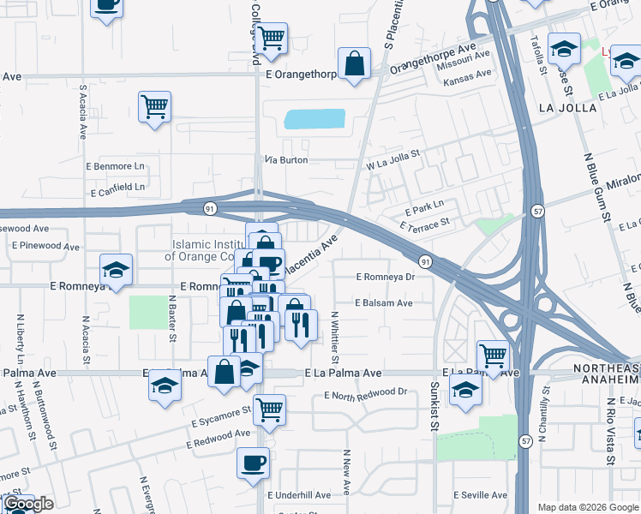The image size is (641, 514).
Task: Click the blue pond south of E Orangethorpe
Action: click(314, 119)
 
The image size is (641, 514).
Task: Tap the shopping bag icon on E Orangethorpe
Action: click(354, 63)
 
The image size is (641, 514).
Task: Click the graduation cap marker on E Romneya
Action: click(116, 271)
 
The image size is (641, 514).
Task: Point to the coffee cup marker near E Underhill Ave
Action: click(253, 463)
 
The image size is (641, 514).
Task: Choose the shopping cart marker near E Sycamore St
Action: click(270, 409)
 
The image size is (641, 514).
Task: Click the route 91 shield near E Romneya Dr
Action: click(424, 260)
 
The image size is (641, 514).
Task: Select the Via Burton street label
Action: click(285, 160)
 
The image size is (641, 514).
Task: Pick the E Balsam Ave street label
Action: click(384, 302)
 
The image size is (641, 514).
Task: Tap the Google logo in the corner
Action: click(28, 504)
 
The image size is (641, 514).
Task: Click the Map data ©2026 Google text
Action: click(587, 507)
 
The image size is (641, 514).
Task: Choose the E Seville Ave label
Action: click(484, 495)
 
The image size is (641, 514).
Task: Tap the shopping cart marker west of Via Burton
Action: click(154, 107)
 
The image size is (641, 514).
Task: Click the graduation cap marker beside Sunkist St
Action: click(465, 389)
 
